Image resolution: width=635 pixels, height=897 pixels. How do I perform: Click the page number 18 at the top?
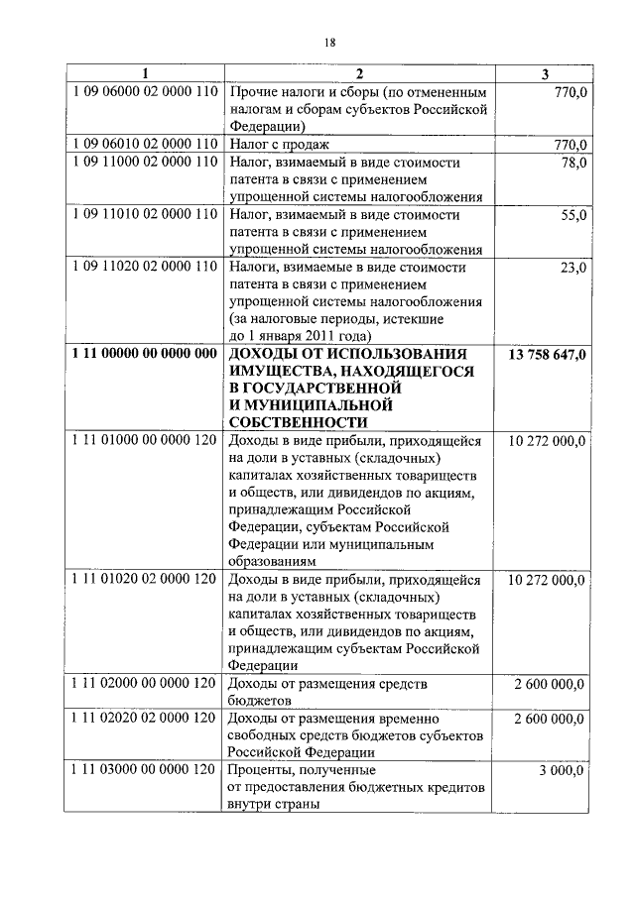pyautogui.click(x=331, y=42)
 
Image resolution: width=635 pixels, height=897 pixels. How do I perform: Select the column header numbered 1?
pyautogui.click(x=145, y=73)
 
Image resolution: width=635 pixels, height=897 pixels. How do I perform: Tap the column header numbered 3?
pyautogui.click(x=545, y=73)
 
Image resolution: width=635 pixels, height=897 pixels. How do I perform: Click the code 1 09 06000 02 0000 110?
pyautogui.click(x=145, y=91)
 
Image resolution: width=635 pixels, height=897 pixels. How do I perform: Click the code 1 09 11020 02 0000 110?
pyautogui.click(x=145, y=268)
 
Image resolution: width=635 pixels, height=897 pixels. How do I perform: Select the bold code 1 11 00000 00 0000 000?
pyautogui.click(x=145, y=354)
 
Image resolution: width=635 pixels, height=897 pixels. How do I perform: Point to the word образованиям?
pyautogui.click(x=273, y=560)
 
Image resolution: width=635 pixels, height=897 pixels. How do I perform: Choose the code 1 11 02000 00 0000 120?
pyautogui.click(x=145, y=683)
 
